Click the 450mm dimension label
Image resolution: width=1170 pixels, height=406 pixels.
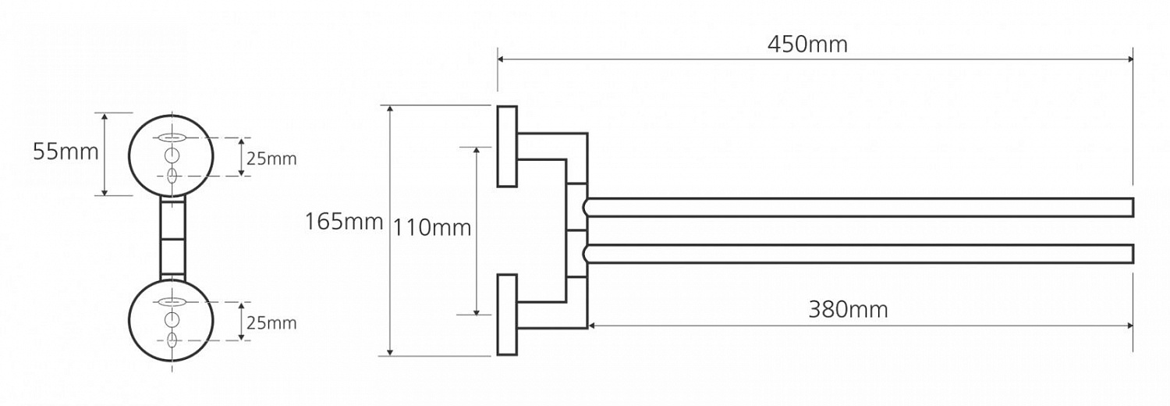point(807,45)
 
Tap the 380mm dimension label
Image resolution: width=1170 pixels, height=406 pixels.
point(849,309)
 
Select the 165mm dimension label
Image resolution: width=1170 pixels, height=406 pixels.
point(344,222)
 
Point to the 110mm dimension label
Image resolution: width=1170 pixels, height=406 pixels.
point(432,228)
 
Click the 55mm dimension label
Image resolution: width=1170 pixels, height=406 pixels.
point(66,152)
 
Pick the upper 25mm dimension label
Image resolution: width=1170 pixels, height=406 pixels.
point(271,158)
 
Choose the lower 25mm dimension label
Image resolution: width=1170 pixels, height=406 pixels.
point(271,323)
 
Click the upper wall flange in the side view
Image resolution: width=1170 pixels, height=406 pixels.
point(507,146)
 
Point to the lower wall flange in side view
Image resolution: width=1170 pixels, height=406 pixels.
point(507,315)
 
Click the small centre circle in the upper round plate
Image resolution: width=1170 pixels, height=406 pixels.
point(172,155)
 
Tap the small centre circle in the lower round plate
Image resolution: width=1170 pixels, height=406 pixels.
point(172,319)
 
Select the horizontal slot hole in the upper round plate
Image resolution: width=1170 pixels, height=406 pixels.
point(171,138)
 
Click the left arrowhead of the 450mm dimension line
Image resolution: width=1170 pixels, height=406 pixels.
point(501,59)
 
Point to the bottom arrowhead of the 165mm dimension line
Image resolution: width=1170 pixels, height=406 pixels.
point(390,352)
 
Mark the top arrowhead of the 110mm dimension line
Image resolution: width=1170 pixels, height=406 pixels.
point(477,151)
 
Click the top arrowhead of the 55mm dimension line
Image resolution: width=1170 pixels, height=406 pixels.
point(105,116)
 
